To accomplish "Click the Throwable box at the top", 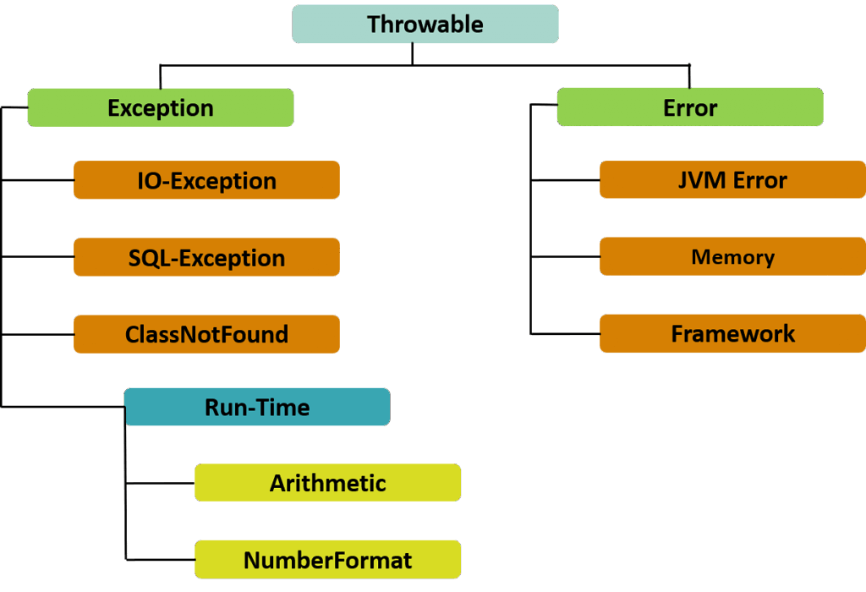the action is coord(425,25).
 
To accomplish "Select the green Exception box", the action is coord(161,107).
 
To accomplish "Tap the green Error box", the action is coord(690,107).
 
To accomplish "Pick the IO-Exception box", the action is coord(206,180).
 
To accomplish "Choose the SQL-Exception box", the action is coord(206,257).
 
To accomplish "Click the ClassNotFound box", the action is coord(206,334).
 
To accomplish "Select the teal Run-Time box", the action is coord(257,407).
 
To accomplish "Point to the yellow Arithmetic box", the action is coord(328,483).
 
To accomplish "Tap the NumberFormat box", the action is coord(328,559).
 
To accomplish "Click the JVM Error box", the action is coord(733,179).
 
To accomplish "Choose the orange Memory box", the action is coord(733,256).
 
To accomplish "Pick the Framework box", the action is coord(733,333).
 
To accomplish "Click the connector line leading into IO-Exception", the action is coord(37,180).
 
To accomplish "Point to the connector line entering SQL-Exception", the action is coord(37,257).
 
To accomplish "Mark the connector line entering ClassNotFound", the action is coord(37,334).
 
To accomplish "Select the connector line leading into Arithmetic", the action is coord(160,483).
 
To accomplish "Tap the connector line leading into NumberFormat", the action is coord(160,559).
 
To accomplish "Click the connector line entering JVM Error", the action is coord(566,180).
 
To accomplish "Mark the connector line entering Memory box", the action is coord(566,257).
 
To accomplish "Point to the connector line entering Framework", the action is coord(566,333).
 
